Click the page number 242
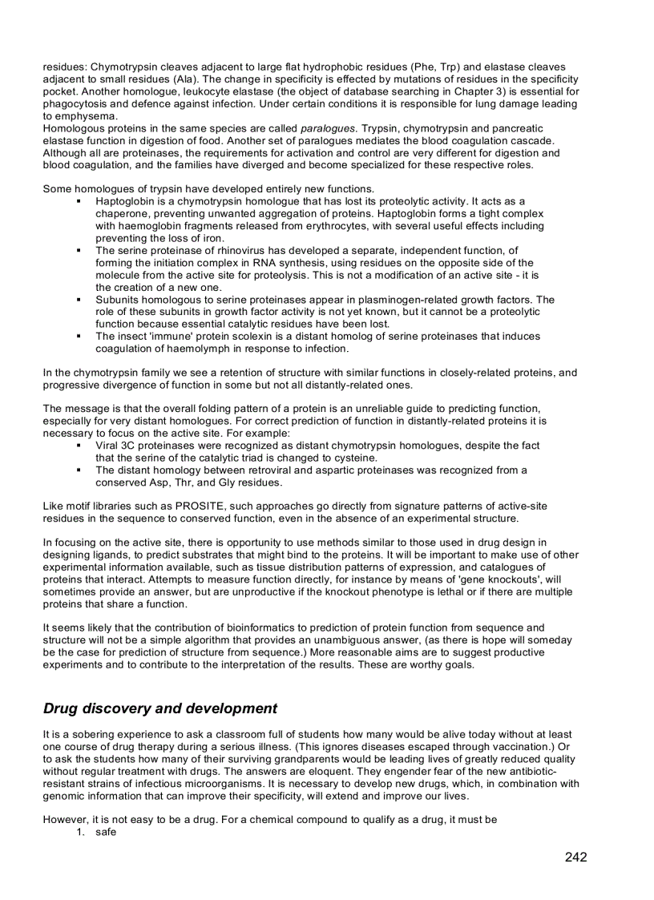(575, 858)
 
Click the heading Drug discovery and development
(160, 708)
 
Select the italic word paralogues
(326, 128)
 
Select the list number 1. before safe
(81, 832)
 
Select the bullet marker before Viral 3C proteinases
(79, 446)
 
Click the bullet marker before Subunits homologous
(79, 300)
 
